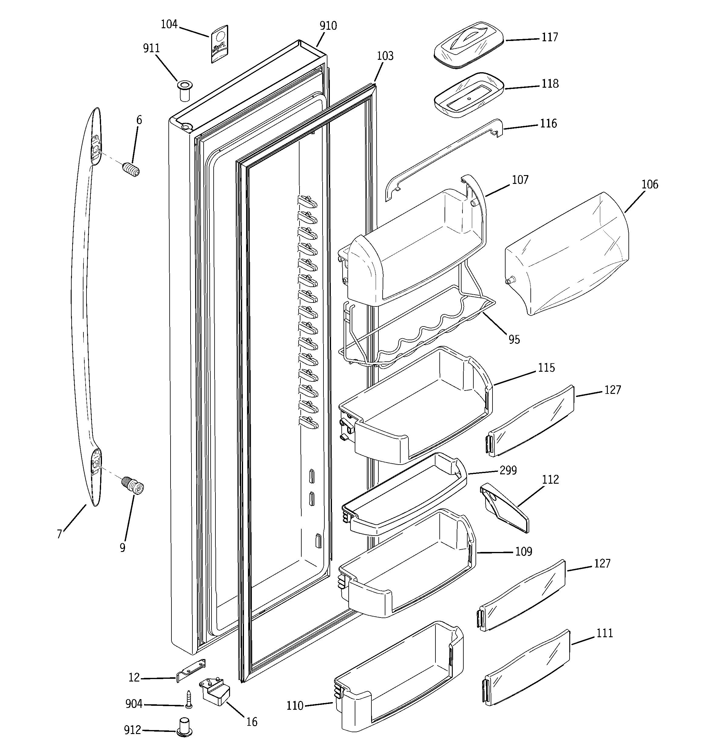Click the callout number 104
coord(169,25)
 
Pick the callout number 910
coord(328,26)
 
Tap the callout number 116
coord(548,123)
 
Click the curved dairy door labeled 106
coord(567,253)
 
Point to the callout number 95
coord(514,340)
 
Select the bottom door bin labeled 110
coord(397,680)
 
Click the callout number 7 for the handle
coord(59,534)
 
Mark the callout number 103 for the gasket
coord(385,56)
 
